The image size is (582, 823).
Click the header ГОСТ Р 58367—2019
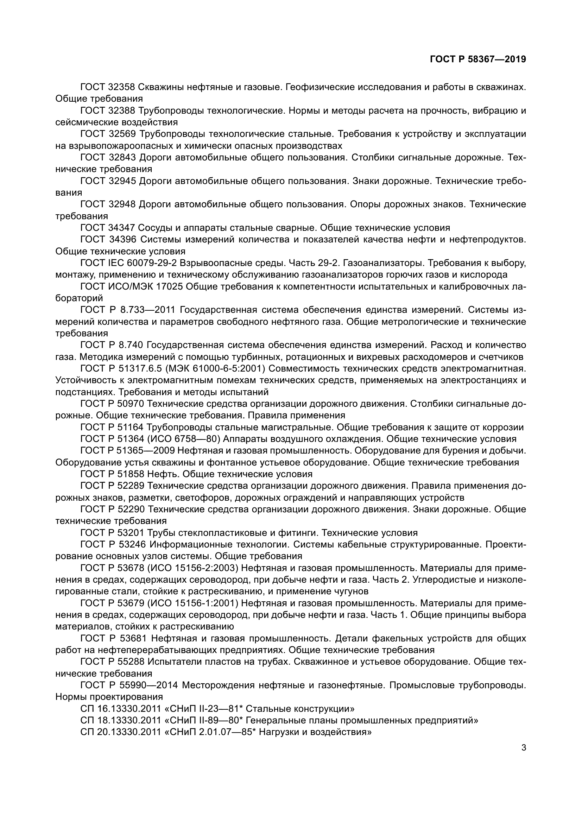[478, 59]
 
